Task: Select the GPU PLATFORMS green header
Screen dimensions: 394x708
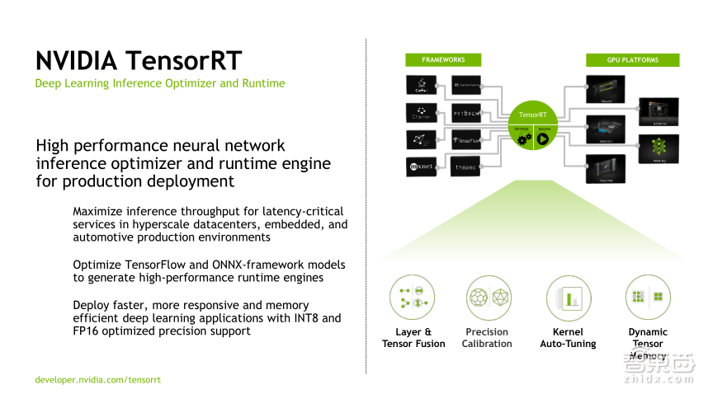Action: point(633,60)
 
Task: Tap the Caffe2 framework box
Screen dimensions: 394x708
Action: point(420,84)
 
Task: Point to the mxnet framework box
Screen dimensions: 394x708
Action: point(420,166)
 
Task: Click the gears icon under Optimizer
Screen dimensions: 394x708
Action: point(522,138)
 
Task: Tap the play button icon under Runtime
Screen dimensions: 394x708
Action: point(543,138)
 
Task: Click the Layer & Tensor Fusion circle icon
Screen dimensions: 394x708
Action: point(413,298)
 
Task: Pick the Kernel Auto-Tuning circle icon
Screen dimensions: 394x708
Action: point(568,298)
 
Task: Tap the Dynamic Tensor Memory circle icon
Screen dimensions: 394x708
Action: point(648,298)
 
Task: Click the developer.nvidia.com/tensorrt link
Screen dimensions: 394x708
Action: point(97,380)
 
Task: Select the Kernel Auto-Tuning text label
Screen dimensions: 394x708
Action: point(568,338)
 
